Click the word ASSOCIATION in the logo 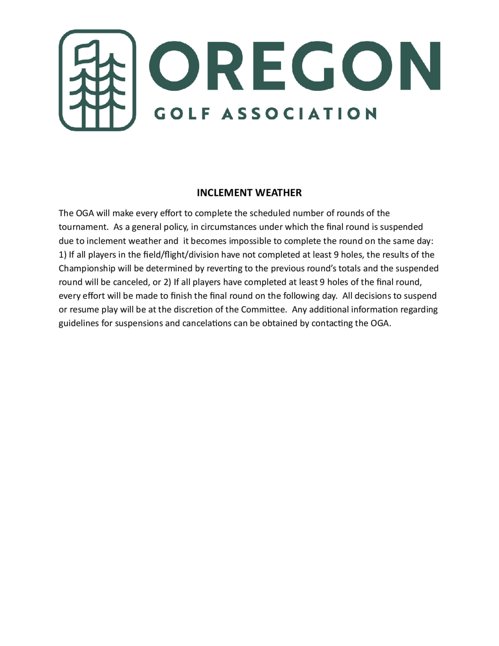click(x=299, y=114)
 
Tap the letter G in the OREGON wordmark click(x=313, y=66)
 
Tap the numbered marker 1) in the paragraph click(x=62, y=255)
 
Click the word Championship click(x=87, y=269)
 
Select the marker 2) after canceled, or click(x=167, y=282)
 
